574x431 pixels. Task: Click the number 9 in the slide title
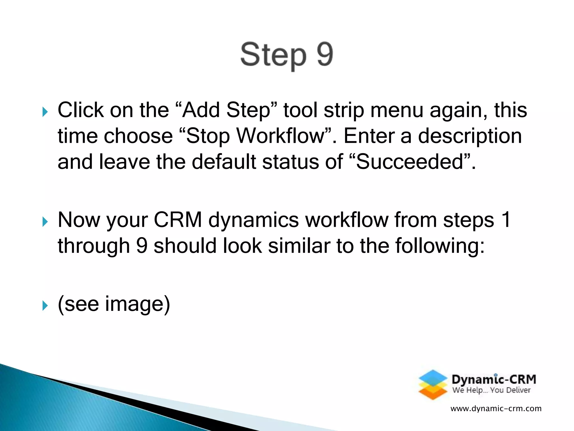[325, 54]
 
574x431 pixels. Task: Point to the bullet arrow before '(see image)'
[45, 306]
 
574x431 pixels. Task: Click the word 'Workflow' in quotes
[280, 136]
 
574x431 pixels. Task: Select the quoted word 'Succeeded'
[409, 162]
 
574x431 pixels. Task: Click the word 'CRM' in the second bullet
[178, 220]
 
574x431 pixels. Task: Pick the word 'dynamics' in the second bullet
[253, 220]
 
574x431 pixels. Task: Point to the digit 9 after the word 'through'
[142, 246]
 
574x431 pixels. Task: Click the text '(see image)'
[114, 304]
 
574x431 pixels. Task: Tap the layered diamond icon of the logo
[433, 385]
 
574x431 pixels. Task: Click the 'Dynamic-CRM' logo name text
[494, 379]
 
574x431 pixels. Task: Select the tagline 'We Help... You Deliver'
[491, 390]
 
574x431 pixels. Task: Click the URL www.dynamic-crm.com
[496, 409]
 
